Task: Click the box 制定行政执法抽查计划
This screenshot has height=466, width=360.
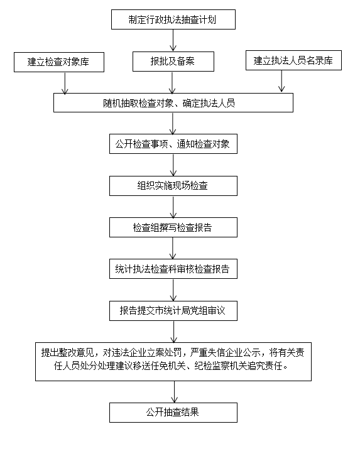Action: click(x=173, y=19)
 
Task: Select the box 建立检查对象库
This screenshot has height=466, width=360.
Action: click(x=59, y=62)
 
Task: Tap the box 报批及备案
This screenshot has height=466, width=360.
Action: click(x=173, y=62)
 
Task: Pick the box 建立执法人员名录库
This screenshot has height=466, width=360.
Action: click(x=293, y=60)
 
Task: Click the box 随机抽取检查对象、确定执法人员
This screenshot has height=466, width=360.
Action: click(x=173, y=102)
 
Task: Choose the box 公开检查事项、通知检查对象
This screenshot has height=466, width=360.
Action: click(x=173, y=144)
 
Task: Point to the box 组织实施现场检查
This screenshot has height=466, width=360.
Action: click(x=173, y=186)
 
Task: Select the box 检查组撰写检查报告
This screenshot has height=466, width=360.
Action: click(x=173, y=227)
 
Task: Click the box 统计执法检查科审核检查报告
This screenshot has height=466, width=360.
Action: click(x=173, y=269)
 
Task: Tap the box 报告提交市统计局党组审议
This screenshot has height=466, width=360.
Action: click(x=173, y=311)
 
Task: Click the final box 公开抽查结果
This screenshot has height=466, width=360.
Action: click(x=173, y=413)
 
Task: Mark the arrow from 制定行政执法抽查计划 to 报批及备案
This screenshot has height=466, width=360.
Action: click(x=173, y=40)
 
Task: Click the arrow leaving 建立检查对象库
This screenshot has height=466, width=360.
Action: click(x=65, y=83)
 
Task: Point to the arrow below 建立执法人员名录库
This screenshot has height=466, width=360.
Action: click(x=281, y=81)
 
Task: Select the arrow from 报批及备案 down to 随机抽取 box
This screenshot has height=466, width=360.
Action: click(x=172, y=83)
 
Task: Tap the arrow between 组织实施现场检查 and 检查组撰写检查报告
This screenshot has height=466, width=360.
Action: click(x=173, y=207)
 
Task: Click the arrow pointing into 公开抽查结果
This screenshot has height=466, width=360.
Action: click(x=175, y=392)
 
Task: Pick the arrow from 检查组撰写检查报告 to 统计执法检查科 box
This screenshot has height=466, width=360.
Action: click(x=173, y=249)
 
